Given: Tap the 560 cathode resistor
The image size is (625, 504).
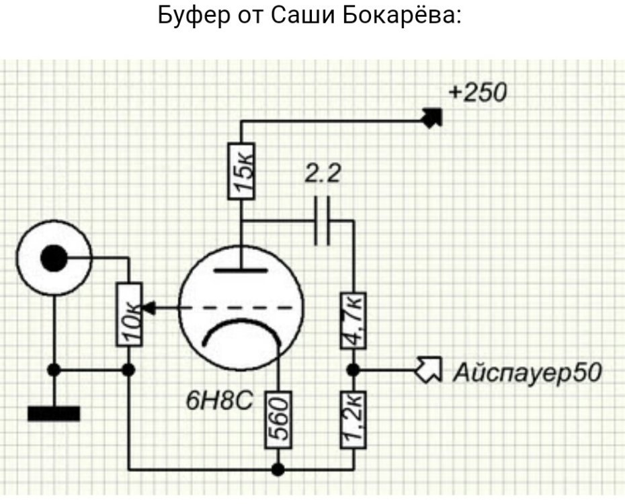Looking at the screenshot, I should pos(278,419).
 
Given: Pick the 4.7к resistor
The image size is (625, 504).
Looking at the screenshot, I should pos(353,320).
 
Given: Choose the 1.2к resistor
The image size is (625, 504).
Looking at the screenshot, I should pos(353,419).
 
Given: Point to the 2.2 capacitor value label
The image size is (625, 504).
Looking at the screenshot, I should pos(323,175).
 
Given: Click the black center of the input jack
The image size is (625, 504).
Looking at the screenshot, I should pos(54,258).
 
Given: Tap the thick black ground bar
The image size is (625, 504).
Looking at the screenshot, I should pos(54,413).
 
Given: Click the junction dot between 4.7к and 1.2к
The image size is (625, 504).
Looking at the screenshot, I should pos(353,370).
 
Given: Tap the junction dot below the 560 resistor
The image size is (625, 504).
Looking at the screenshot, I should pos(278,468).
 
